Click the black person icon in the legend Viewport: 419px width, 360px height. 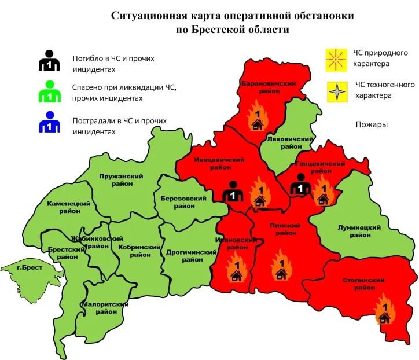point(49,61)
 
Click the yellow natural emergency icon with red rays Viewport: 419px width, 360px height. point(335,58)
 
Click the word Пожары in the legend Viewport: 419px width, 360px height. point(371,124)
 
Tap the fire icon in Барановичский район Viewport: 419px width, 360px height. point(256,117)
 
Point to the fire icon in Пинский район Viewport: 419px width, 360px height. point(281,266)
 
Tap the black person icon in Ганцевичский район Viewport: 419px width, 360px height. point(300,185)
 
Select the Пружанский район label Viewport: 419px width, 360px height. point(121,179)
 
